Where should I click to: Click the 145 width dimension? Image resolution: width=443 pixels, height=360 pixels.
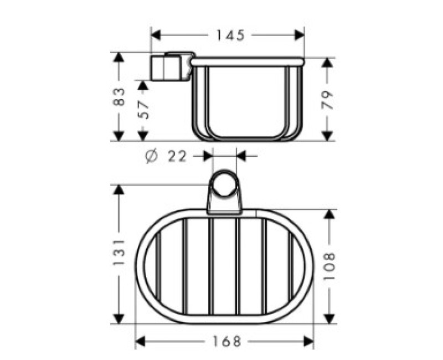(230, 35)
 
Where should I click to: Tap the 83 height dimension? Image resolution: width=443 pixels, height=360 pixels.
(119, 96)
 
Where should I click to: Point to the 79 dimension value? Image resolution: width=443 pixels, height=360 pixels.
(327, 100)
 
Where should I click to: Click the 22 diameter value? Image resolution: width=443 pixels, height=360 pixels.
(177, 156)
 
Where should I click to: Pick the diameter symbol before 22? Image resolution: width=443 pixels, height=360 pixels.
(152, 156)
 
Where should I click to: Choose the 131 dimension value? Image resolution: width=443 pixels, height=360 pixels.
(119, 253)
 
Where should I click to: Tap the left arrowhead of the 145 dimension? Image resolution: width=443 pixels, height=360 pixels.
(156, 35)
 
